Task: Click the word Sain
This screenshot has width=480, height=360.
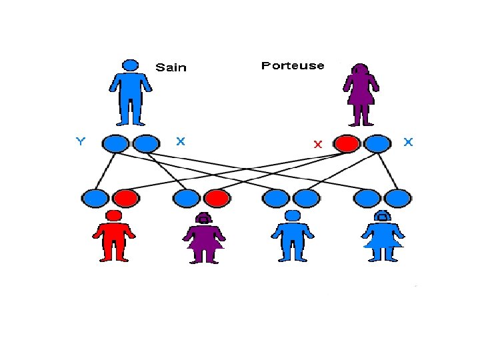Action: (x=171, y=67)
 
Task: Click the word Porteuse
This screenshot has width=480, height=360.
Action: (x=293, y=65)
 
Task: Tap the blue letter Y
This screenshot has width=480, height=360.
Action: (x=81, y=141)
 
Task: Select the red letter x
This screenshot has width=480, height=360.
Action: (x=318, y=144)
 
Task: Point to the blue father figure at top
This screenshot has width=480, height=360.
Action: (x=131, y=93)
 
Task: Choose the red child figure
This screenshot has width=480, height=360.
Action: (x=114, y=237)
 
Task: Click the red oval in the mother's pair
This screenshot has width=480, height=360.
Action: (x=347, y=143)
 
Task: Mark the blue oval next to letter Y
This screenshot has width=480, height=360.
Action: (x=115, y=143)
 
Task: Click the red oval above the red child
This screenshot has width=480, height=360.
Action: (x=125, y=198)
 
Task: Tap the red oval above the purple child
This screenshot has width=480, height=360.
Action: (x=216, y=198)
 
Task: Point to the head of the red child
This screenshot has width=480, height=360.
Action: (x=114, y=215)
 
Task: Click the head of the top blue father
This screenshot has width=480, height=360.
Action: (x=131, y=65)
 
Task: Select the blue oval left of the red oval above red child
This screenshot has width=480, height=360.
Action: (x=94, y=198)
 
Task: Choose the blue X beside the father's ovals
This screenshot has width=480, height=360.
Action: (x=180, y=141)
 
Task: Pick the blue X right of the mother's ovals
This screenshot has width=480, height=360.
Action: (x=408, y=142)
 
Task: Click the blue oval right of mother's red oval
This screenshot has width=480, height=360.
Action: (x=377, y=143)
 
